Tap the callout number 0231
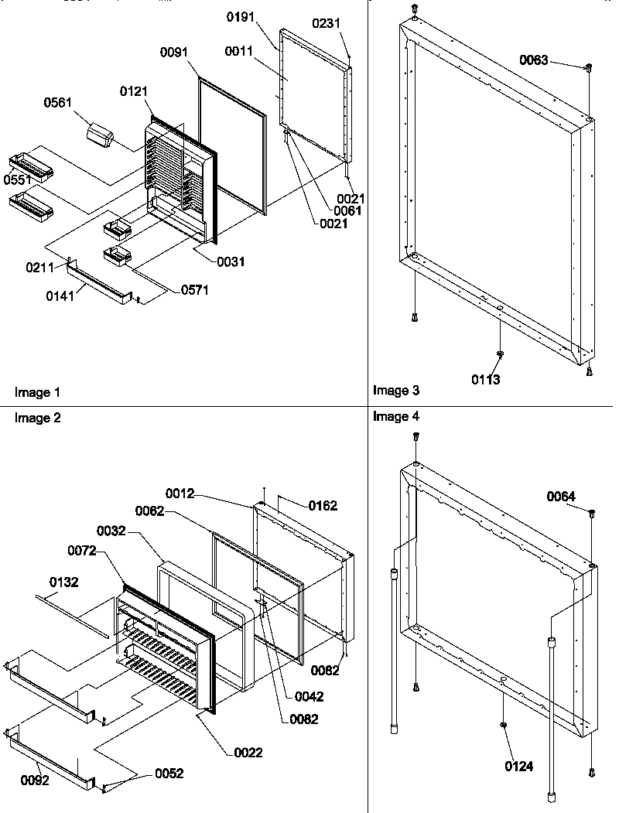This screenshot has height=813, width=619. tap(326, 24)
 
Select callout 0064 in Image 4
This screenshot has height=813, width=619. tap(561, 496)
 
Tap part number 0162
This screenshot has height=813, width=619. tap(323, 506)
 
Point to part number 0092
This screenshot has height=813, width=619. tap(34, 780)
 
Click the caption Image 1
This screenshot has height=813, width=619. tap(37, 392)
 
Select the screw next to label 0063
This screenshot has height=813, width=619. tap(588, 68)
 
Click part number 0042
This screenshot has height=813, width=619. tap(309, 696)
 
